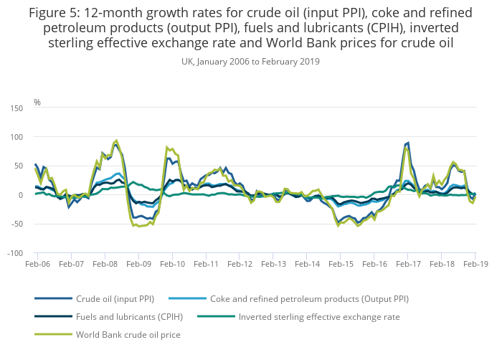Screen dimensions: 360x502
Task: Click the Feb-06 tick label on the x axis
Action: pos(37,265)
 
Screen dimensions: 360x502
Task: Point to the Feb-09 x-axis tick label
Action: pos(138,265)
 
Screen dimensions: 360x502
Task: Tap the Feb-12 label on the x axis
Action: pos(240,265)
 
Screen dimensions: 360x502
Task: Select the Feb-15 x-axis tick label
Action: pos(341,265)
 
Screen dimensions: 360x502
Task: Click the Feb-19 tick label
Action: pos(475,265)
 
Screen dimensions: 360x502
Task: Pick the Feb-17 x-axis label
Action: pos(408,265)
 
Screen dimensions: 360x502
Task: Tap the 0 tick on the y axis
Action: pos(20,195)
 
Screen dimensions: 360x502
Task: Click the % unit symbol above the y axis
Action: pos(37,103)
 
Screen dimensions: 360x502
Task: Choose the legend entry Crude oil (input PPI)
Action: pos(115,298)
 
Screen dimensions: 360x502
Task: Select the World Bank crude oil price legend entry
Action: pos(128,334)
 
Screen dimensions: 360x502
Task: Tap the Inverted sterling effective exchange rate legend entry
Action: pos(319,316)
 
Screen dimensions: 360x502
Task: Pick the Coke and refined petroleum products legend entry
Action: pos(309,298)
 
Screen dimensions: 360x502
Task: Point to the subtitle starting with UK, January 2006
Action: pos(251,62)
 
